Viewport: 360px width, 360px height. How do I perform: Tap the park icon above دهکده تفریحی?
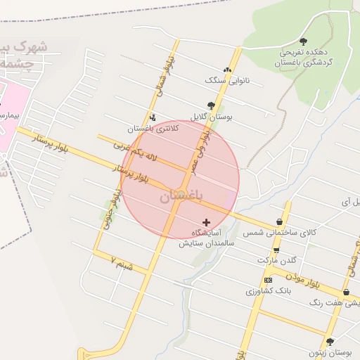tap(303, 41)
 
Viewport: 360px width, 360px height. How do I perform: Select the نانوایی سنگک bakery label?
tap(227, 81)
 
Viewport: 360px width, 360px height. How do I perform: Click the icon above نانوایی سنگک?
tap(226, 70)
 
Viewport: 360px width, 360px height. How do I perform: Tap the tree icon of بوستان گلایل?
tap(211, 105)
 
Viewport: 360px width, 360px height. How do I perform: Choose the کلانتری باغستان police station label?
tap(153, 128)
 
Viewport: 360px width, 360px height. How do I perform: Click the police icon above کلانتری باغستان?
tap(153, 117)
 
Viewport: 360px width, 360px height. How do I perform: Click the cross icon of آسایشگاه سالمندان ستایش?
tap(206, 222)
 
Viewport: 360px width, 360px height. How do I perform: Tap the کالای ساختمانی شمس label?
tap(280, 231)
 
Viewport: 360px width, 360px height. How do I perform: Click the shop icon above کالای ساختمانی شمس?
tap(280, 221)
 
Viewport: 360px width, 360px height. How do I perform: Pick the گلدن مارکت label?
tap(275, 259)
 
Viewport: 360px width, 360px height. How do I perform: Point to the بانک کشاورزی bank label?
tap(268, 290)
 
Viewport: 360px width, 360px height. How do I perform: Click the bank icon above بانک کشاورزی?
tap(268, 280)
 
